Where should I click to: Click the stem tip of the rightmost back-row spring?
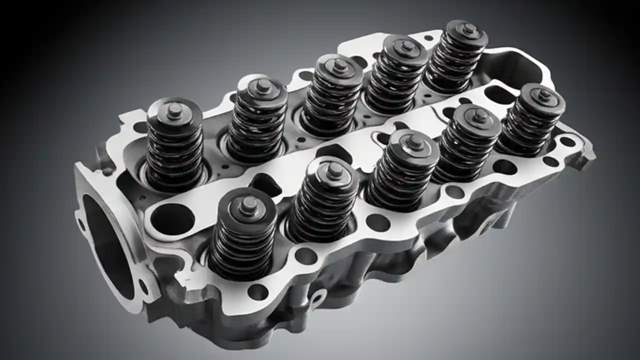click(x=468, y=29)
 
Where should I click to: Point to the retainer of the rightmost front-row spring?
click(x=542, y=98)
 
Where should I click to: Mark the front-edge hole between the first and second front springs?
click(x=305, y=255)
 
